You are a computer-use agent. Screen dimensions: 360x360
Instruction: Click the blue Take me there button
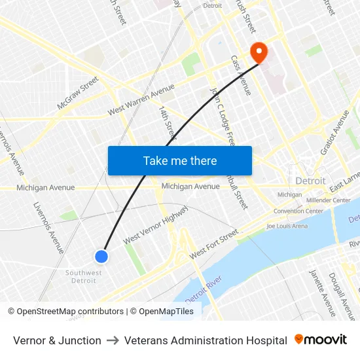point(179,160)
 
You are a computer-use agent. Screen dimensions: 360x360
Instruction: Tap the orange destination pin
point(259,52)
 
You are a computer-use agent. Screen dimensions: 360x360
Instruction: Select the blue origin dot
point(101,257)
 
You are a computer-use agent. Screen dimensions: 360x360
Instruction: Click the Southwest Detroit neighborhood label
point(83,277)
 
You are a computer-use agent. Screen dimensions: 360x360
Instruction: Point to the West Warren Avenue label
point(141,100)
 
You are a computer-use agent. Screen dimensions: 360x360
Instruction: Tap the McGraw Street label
point(77,93)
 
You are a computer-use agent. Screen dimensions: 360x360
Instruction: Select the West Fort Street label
point(213,244)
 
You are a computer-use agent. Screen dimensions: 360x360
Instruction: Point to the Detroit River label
point(204,289)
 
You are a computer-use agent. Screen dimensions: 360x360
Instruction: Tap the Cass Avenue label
point(241,75)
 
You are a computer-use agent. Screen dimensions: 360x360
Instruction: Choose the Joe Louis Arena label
point(287,226)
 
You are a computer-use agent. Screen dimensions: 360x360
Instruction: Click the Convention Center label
point(298,211)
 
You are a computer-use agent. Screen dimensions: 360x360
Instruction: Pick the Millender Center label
point(328,200)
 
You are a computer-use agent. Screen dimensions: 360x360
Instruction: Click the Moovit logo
point(321,340)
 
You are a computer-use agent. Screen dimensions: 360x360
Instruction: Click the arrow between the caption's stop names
point(113,340)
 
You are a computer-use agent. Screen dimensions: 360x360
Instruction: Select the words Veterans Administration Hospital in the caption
point(206,340)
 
